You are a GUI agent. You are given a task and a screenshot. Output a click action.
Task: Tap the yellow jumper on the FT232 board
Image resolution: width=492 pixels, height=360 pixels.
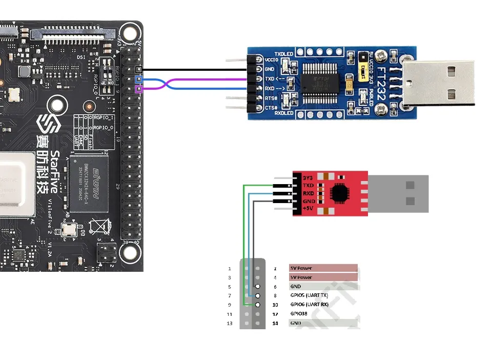pyautogui.click(x=350, y=82)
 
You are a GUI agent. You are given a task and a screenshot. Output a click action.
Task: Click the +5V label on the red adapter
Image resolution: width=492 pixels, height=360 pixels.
pyautogui.click(x=309, y=209)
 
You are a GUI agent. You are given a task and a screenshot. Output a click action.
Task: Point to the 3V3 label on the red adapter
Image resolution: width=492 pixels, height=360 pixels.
pyautogui.click(x=307, y=177)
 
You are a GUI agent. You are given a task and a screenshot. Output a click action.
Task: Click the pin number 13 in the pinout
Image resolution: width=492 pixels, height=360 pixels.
pyautogui.click(x=229, y=323)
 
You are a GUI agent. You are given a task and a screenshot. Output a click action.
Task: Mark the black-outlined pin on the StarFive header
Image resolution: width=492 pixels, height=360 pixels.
pyautogui.click(x=138, y=69)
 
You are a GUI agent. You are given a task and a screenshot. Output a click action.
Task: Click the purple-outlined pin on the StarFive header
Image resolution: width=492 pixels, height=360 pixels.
pyautogui.click(x=138, y=90)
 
